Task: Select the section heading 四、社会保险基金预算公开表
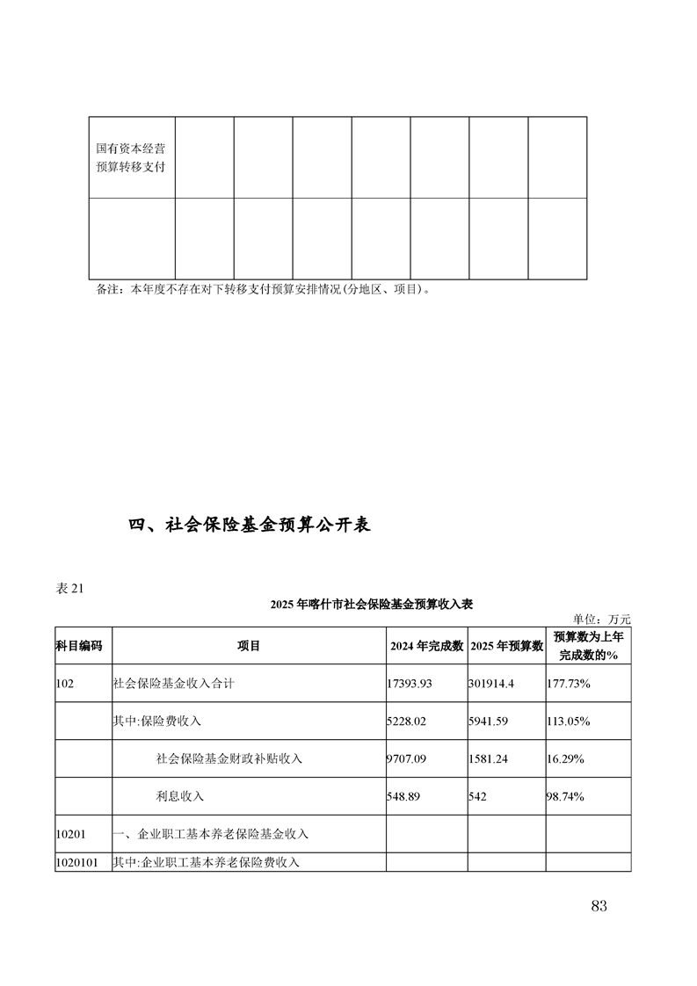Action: click(250, 525)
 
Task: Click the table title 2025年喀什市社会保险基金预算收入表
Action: click(373, 604)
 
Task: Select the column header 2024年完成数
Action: click(426, 646)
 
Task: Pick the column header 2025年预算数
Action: click(505, 646)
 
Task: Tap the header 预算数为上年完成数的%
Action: click(588, 646)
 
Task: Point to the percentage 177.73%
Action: click(569, 683)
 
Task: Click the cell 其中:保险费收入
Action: click(157, 721)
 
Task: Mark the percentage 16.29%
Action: click(565, 758)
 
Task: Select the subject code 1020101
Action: click(78, 862)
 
